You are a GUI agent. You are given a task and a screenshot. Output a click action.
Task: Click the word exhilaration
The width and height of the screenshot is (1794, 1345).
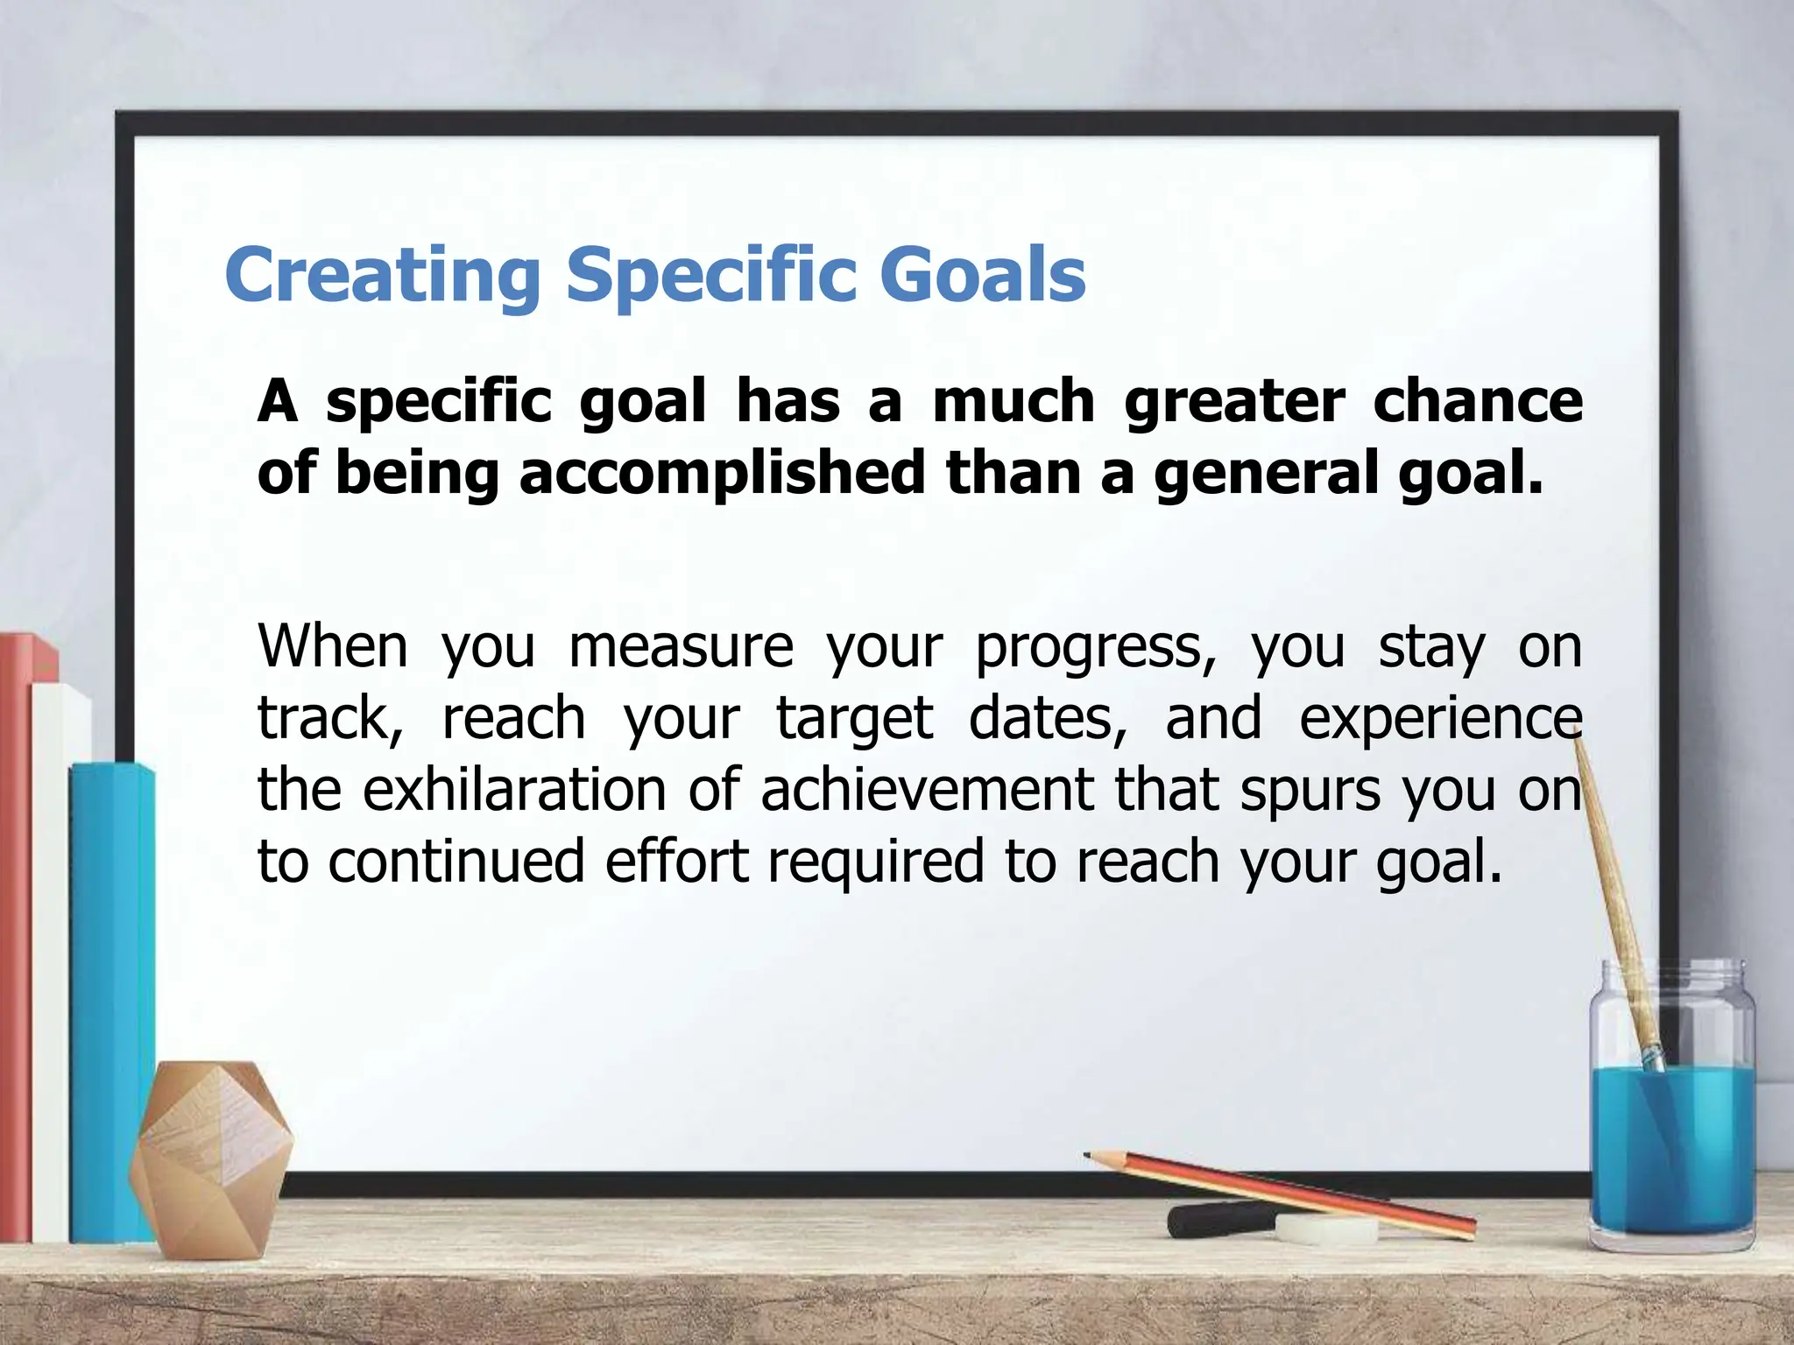pyautogui.click(x=514, y=789)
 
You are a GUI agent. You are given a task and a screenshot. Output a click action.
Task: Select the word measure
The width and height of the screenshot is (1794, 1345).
pyautogui.click(x=681, y=646)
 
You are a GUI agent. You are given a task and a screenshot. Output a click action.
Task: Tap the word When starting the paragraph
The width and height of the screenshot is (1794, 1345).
pyautogui.click(x=333, y=645)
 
